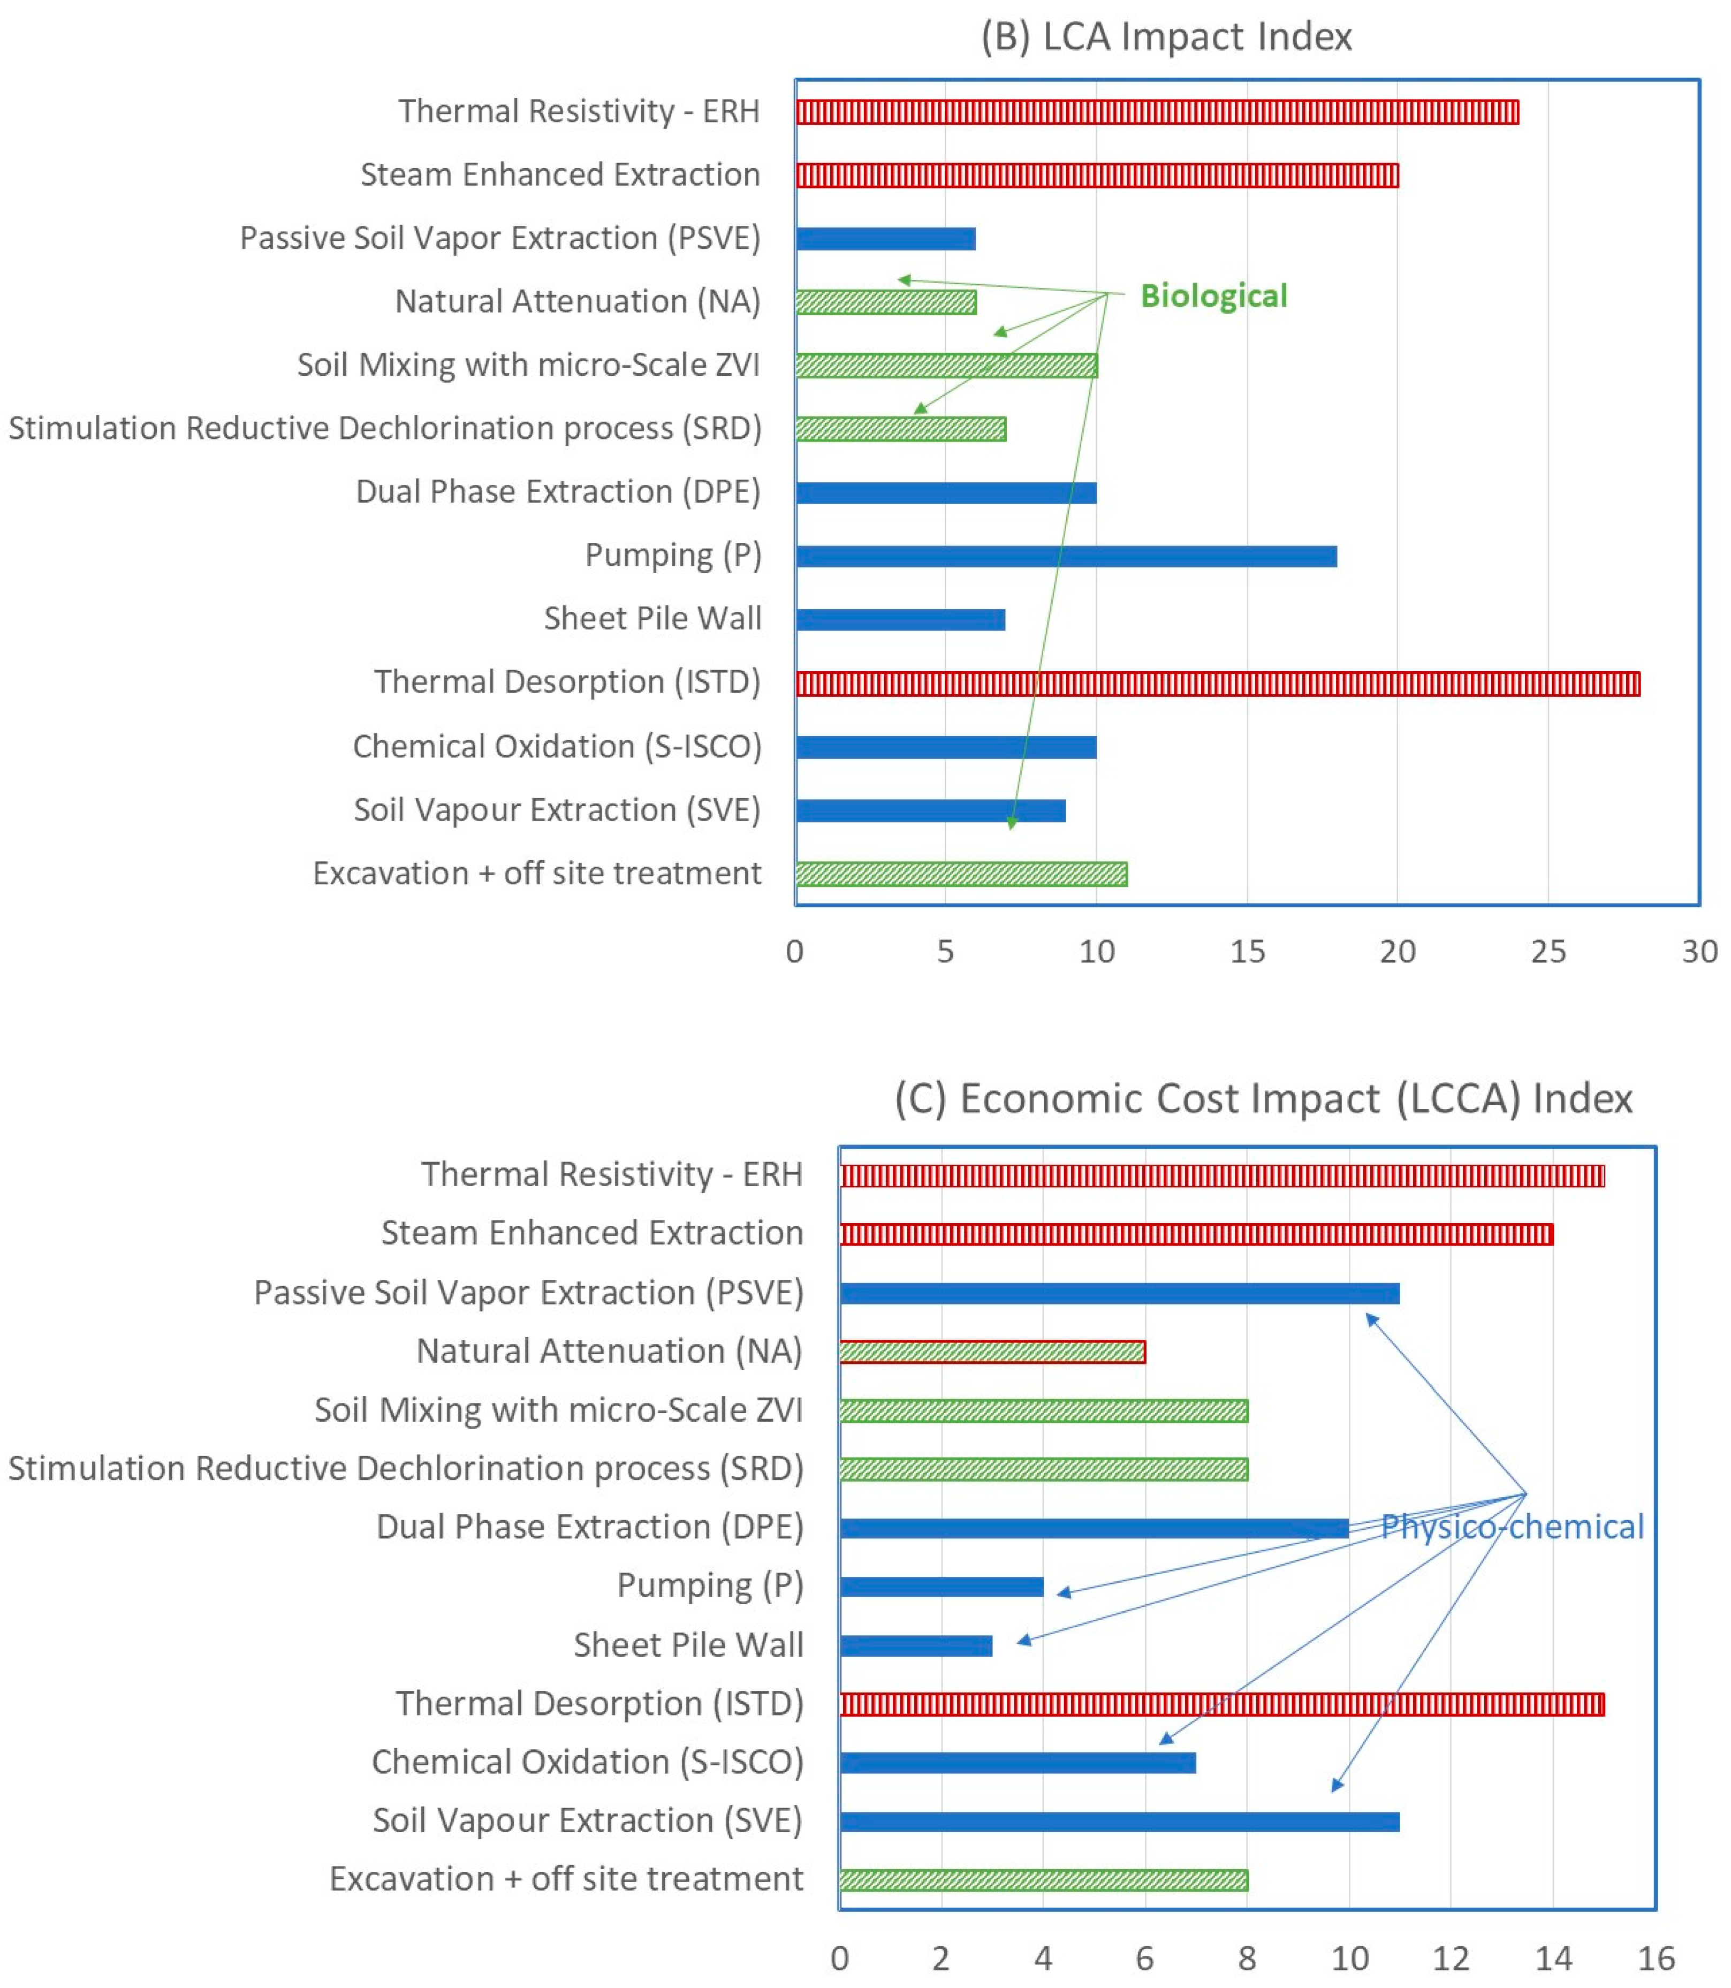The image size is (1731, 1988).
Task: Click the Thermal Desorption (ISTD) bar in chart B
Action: tap(1217, 684)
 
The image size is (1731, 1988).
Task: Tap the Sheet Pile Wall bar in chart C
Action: tap(916, 1645)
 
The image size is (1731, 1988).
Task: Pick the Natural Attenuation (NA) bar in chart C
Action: tap(992, 1352)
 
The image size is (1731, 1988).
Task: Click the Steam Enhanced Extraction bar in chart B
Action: tap(1096, 175)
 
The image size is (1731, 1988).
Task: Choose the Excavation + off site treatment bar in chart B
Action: tap(961, 874)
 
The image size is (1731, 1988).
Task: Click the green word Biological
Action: tap(1213, 295)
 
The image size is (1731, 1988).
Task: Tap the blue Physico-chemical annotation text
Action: tap(1512, 1527)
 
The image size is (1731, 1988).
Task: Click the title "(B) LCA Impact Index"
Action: tap(1166, 37)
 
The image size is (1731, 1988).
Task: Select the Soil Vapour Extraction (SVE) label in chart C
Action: tap(587, 1821)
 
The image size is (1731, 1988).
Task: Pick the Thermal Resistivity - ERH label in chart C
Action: tap(611, 1174)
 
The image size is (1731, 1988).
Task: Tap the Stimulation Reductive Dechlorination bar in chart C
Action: tap(1043, 1469)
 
